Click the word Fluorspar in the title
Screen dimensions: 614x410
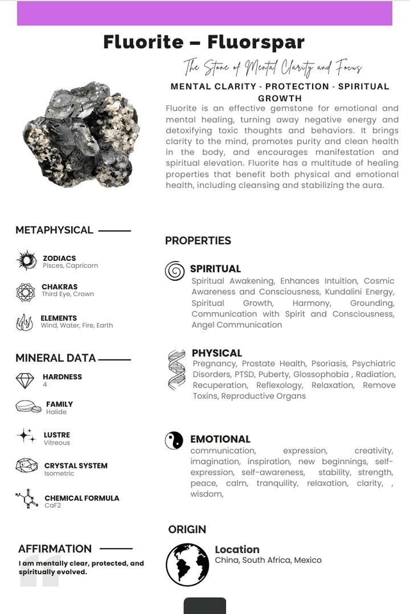(x=256, y=42)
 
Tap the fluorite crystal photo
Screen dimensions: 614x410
(x=81, y=135)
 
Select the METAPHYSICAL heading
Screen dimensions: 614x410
(x=54, y=230)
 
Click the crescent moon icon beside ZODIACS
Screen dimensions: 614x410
(x=26, y=260)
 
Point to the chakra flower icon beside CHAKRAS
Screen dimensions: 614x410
(x=26, y=292)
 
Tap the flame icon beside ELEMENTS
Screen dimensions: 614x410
(x=25, y=322)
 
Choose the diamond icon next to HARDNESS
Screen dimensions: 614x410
(x=25, y=381)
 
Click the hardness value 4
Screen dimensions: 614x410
(x=45, y=385)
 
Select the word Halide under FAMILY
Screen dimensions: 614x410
(x=56, y=412)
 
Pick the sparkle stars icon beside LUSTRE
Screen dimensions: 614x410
(x=26, y=436)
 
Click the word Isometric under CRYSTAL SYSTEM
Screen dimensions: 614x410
(x=59, y=474)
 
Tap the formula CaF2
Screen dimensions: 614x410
(x=53, y=506)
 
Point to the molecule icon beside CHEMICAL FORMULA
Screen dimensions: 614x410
(x=25, y=499)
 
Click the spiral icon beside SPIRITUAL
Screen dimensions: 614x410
(x=174, y=271)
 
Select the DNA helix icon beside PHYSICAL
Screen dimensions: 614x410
(x=176, y=370)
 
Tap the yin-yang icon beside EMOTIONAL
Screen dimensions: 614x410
(x=174, y=440)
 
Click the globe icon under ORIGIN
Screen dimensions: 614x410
(x=187, y=565)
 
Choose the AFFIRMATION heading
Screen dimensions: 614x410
(x=55, y=549)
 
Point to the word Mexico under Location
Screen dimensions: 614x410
(x=307, y=560)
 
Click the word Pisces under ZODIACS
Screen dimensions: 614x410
(x=53, y=265)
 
